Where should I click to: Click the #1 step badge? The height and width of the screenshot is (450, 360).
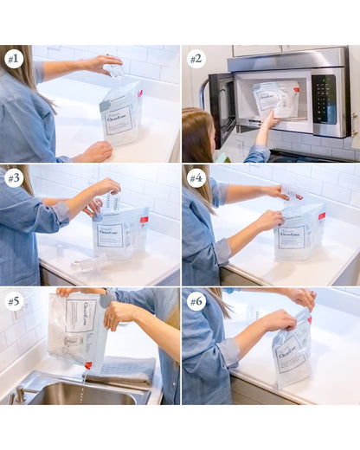tap(13, 59)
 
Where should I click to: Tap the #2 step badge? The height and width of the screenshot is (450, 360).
tap(196, 59)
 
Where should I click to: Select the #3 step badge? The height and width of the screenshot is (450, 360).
tap(13, 178)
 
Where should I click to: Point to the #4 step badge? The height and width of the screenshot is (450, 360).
tap(196, 178)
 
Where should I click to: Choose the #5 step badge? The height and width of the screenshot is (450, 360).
tap(13, 300)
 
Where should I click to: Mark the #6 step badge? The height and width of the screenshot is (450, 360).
tap(196, 300)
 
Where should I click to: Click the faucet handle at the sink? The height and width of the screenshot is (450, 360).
tap(19, 394)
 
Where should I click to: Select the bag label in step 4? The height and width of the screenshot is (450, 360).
tap(292, 236)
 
